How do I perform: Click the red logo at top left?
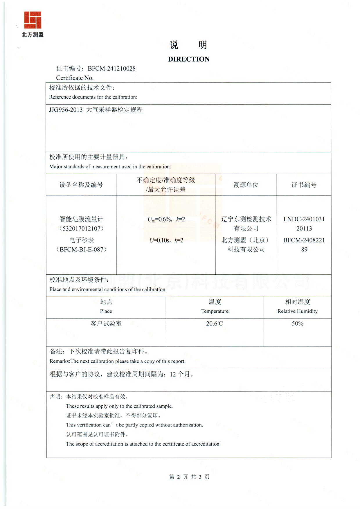[x=33, y=20]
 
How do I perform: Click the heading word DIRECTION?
[x=189, y=59]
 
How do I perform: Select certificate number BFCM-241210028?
[x=111, y=69]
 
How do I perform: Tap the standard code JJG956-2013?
[x=66, y=110]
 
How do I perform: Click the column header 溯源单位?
[x=246, y=185]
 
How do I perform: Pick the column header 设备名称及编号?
[x=81, y=185]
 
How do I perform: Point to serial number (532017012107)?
[x=82, y=229]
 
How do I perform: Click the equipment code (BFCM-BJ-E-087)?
[x=82, y=249]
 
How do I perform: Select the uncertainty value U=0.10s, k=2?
[x=166, y=240]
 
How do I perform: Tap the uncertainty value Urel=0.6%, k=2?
[x=166, y=220]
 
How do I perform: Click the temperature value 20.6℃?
[x=215, y=324]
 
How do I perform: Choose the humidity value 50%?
[x=298, y=324]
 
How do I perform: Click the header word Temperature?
[x=215, y=311]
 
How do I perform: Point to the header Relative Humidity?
[x=298, y=311]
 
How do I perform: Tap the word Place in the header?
[x=106, y=311]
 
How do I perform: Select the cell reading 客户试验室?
[x=106, y=324]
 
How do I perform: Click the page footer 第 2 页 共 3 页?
[x=189, y=477]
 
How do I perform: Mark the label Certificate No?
[x=75, y=78]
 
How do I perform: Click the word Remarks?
[x=60, y=361]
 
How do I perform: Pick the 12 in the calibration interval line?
[x=173, y=375]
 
